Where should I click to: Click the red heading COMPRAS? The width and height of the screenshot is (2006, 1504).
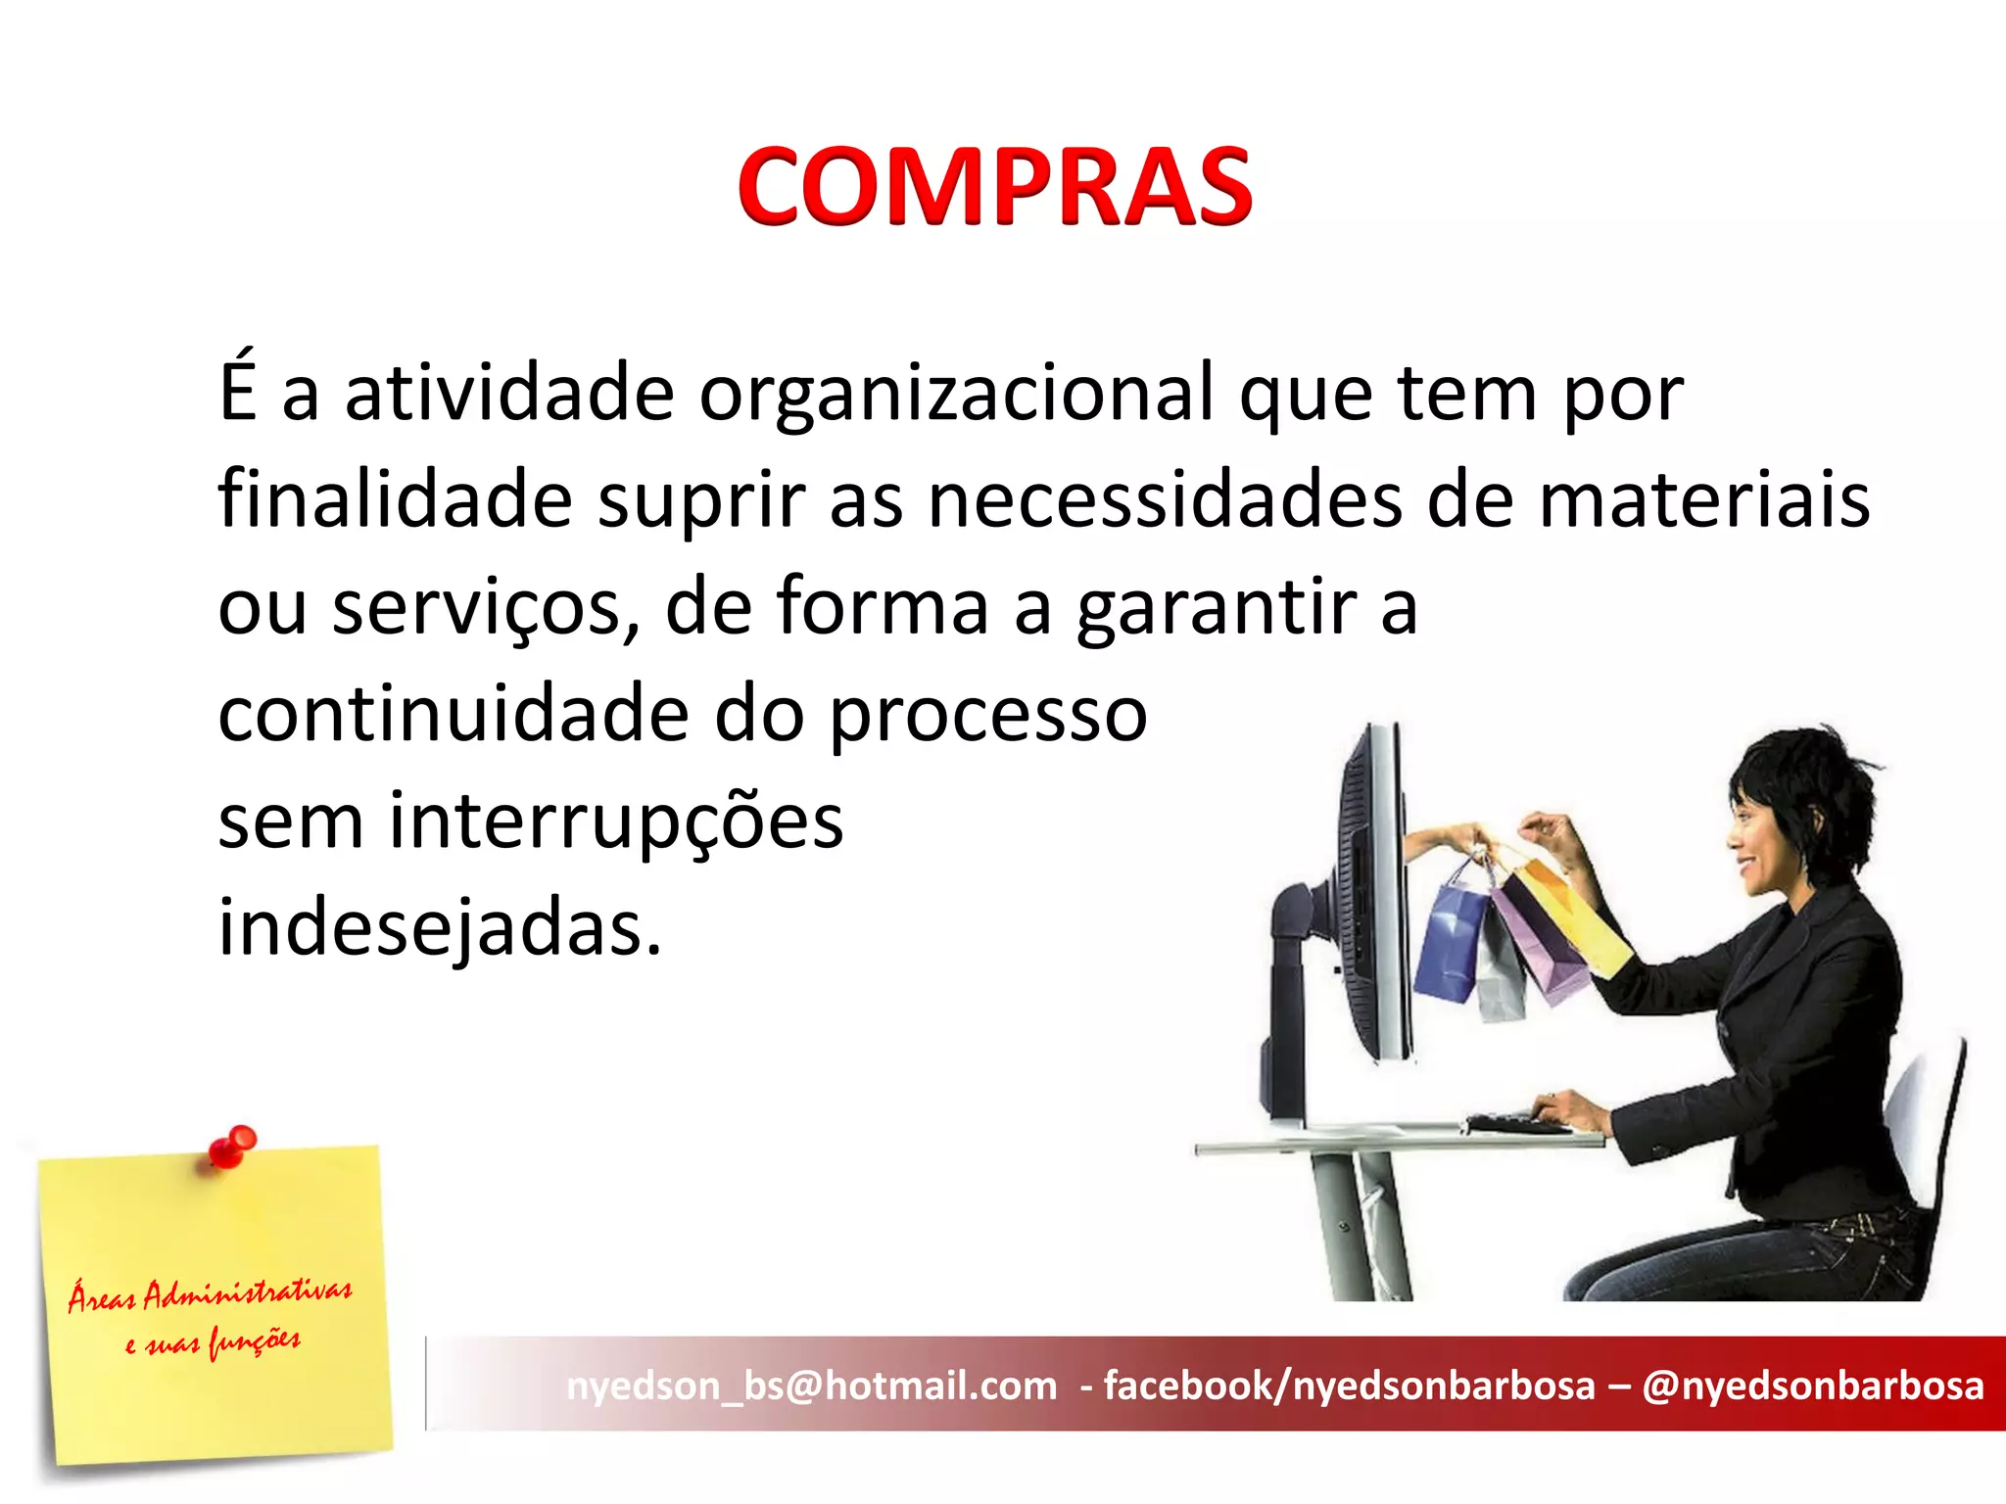[x=994, y=186]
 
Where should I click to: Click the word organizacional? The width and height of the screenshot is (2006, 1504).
[x=956, y=394]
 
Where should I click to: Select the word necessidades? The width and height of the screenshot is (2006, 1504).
[x=1164, y=500]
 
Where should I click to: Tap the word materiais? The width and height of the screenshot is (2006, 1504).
[x=1703, y=500]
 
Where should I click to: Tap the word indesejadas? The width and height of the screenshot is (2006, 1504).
[x=439, y=928]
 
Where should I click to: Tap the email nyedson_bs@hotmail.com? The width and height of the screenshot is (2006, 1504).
[x=812, y=1386]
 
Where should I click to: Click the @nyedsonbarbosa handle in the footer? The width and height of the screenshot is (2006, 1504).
[x=1812, y=1386]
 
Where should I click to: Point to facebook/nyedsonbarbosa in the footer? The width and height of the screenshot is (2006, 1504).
[x=1349, y=1386]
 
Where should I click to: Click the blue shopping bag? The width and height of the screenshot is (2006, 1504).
[x=1452, y=940]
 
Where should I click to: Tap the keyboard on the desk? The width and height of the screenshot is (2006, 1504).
[x=1517, y=1124]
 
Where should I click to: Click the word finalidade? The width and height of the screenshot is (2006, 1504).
[x=395, y=500]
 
